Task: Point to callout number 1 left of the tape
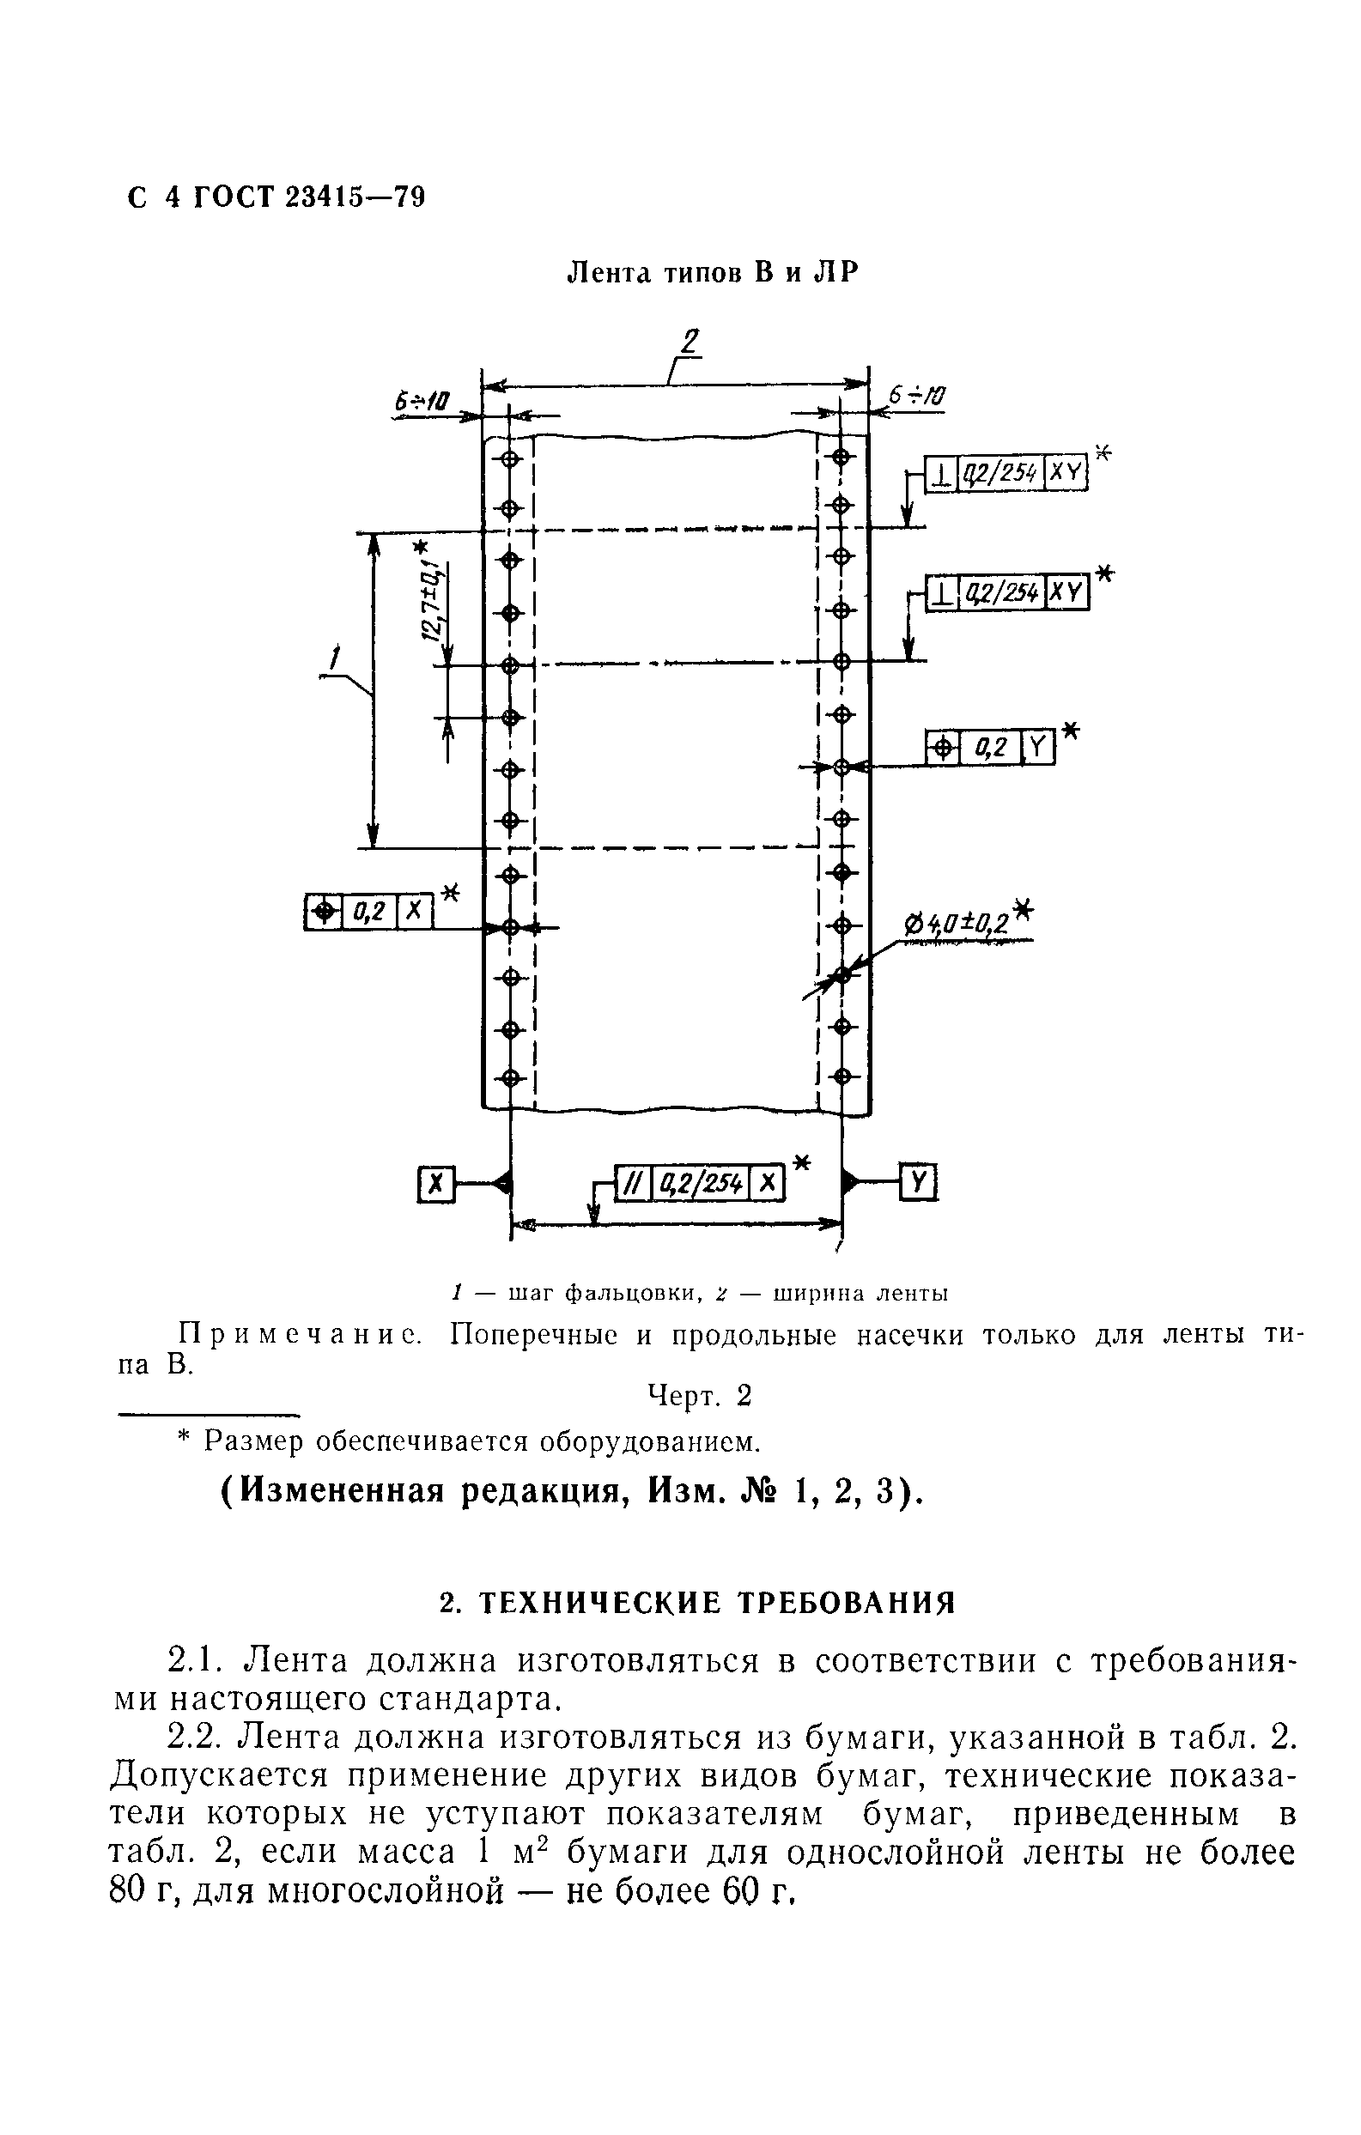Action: pos(334,658)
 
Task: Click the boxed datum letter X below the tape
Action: pos(434,1184)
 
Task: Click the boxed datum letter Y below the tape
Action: pos(920,1182)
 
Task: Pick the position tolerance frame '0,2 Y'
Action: pos(990,749)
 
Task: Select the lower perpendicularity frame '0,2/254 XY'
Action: pos(1007,592)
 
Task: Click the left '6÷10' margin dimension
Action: pos(423,403)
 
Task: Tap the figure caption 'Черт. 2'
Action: pos(700,1396)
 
